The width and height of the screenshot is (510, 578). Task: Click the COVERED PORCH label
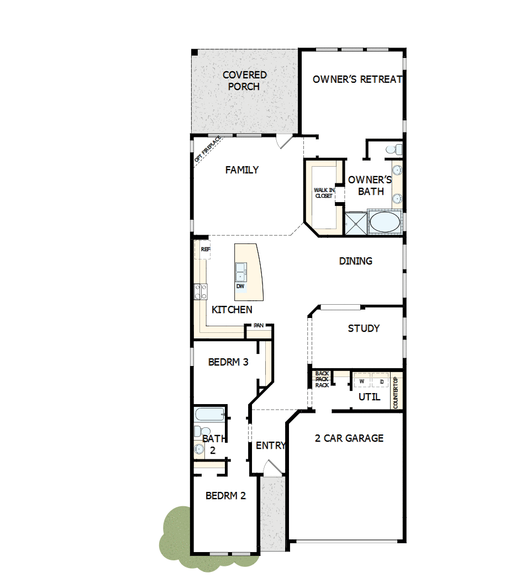(x=244, y=81)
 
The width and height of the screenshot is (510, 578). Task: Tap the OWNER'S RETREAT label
(x=357, y=79)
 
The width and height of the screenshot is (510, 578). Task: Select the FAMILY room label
(x=241, y=170)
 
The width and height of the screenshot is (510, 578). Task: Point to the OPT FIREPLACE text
(x=208, y=149)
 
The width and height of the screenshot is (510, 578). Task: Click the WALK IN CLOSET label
(x=323, y=193)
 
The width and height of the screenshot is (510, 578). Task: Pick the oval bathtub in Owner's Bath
(x=385, y=223)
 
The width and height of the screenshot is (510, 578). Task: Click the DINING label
(x=355, y=261)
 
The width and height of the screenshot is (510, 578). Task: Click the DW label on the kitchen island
(x=240, y=287)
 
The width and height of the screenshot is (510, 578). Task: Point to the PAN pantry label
(x=258, y=326)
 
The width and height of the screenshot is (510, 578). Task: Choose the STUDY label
(x=363, y=328)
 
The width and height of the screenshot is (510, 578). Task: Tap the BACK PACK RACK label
(x=322, y=379)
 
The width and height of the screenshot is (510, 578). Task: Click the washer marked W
(x=362, y=381)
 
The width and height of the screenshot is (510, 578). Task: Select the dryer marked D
(x=381, y=381)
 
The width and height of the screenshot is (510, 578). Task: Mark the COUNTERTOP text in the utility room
(x=396, y=393)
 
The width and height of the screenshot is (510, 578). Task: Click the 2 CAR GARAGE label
(x=349, y=438)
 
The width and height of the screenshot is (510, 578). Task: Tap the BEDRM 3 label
(x=228, y=363)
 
